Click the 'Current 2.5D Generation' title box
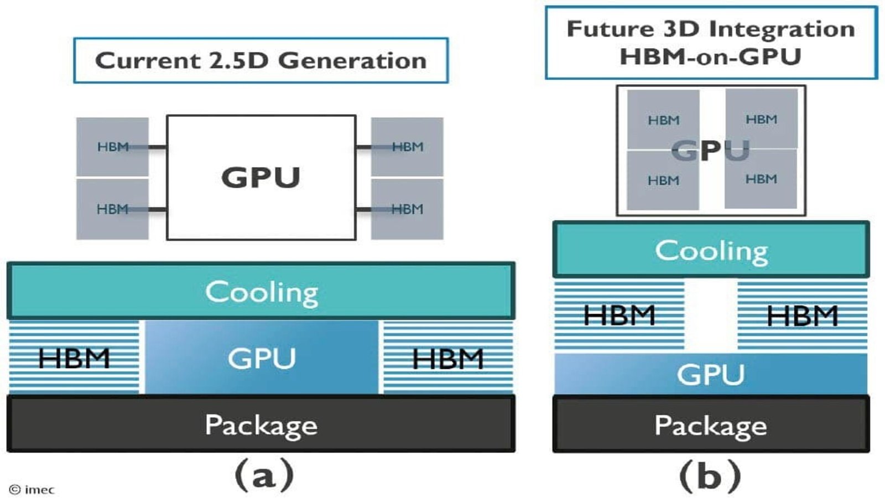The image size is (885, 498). point(261,60)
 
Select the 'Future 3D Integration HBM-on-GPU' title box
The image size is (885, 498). point(711,43)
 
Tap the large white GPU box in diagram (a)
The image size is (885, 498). point(261,178)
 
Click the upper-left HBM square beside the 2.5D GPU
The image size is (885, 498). point(112,147)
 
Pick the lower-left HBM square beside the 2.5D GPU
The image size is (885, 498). point(112,209)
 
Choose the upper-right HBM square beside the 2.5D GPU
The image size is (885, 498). point(407,147)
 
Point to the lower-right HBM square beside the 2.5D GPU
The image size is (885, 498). point(407,209)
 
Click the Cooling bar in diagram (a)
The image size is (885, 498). point(261,292)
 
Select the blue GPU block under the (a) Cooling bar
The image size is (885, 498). point(262,357)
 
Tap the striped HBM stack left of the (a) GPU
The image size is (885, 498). point(74,357)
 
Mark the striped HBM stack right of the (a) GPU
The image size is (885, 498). point(448,357)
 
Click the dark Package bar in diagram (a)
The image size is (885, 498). point(261,424)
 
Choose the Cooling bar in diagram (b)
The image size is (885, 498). point(711,250)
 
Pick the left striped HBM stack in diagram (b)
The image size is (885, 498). point(619,315)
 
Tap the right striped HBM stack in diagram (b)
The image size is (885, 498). point(802,315)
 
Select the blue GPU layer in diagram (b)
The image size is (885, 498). point(711,374)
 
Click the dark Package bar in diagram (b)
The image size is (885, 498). point(711,424)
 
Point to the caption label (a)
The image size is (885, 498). point(264,475)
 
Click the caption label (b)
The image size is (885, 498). point(710,476)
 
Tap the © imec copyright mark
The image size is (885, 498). point(32,489)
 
